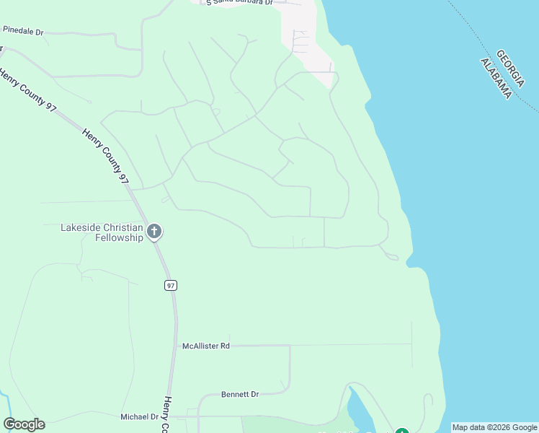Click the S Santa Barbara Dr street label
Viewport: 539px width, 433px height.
point(239,3)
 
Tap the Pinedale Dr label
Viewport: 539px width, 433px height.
point(23,32)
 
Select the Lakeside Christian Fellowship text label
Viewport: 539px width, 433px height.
point(102,232)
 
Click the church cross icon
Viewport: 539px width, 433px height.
point(153,232)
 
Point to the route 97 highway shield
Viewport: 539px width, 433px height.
point(170,285)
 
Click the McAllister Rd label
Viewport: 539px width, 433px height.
point(205,346)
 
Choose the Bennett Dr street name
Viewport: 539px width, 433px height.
point(239,395)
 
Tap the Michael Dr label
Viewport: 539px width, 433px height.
point(139,416)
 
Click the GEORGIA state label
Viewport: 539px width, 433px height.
point(510,65)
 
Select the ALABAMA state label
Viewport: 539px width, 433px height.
point(496,78)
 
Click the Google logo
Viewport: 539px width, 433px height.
point(24,424)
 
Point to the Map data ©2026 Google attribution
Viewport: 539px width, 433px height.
point(494,427)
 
